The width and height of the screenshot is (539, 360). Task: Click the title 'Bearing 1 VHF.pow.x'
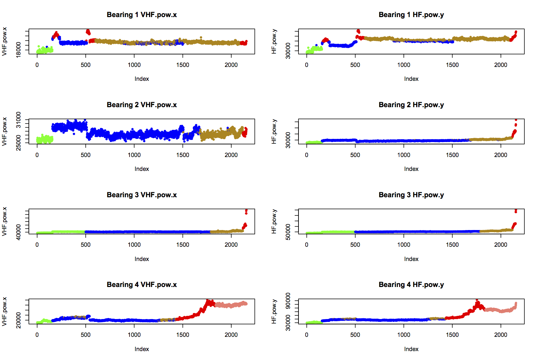pyautogui.click(x=142, y=15)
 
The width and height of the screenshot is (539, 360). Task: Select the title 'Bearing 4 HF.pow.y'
pyautogui.click(x=411, y=285)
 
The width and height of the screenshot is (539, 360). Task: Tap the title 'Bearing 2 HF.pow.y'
pyautogui.click(x=411, y=105)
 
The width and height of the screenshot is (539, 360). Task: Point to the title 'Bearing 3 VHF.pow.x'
pyautogui.click(x=142, y=195)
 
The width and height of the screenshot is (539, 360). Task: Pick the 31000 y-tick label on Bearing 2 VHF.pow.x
pyautogui.click(x=19, y=120)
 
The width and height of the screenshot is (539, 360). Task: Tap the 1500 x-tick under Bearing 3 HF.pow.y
pyautogui.click(x=452, y=245)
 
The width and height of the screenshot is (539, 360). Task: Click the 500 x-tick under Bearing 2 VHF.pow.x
pyautogui.click(x=85, y=155)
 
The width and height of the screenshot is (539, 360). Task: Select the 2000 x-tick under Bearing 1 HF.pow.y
pyautogui.click(x=501, y=65)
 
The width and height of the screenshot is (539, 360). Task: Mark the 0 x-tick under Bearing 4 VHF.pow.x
pyautogui.click(x=37, y=335)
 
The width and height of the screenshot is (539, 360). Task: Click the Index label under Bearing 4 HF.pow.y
pyautogui.click(x=411, y=349)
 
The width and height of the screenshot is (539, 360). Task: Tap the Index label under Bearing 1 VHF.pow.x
pyautogui.click(x=142, y=79)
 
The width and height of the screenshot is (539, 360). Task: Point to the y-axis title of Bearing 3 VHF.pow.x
pyautogui.click(x=4, y=221)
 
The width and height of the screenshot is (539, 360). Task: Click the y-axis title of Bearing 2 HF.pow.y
pyautogui.click(x=274, y=131)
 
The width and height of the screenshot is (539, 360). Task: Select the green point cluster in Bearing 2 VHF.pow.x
pyautogui.click(x=44, y=139)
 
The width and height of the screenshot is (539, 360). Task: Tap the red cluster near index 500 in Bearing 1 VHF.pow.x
pyautogui.click(x=88, y=32)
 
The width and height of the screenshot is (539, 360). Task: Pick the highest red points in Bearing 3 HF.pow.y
pyautogui.click(x=516, y=210)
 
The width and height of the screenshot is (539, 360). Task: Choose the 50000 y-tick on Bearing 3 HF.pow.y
pyautogui.click(x=288, y=231)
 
